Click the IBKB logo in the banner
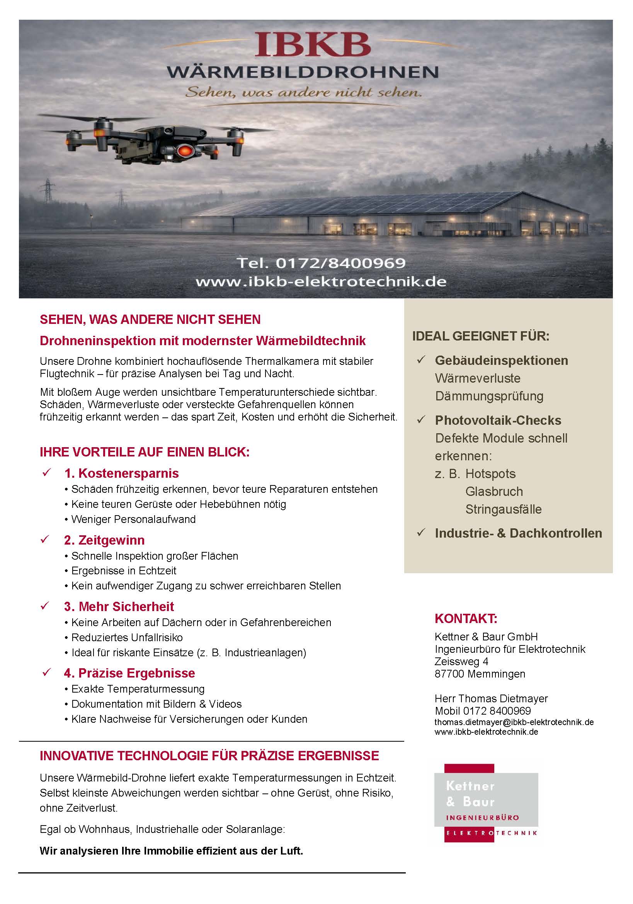(313, 45)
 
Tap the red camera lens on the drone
(184, 150)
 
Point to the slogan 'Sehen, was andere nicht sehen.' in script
(303, 92)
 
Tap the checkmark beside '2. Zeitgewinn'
(45, 539)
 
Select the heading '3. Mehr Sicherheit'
(119, 606)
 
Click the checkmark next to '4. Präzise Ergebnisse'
(46, 672)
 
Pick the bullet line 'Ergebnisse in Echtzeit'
(124, 570)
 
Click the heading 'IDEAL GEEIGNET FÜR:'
(481, 336)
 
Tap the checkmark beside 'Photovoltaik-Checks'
(421, 420)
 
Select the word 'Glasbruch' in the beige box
(494, 491)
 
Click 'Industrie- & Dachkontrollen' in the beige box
(518, 533)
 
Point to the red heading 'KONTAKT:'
(466, 618)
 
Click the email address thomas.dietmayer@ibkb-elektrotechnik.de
(514, 722)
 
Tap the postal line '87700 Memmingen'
(480, 674)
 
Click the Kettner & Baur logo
(486, 803)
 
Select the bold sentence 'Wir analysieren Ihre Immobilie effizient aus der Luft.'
(171, 851)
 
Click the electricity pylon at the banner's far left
(48, 191)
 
